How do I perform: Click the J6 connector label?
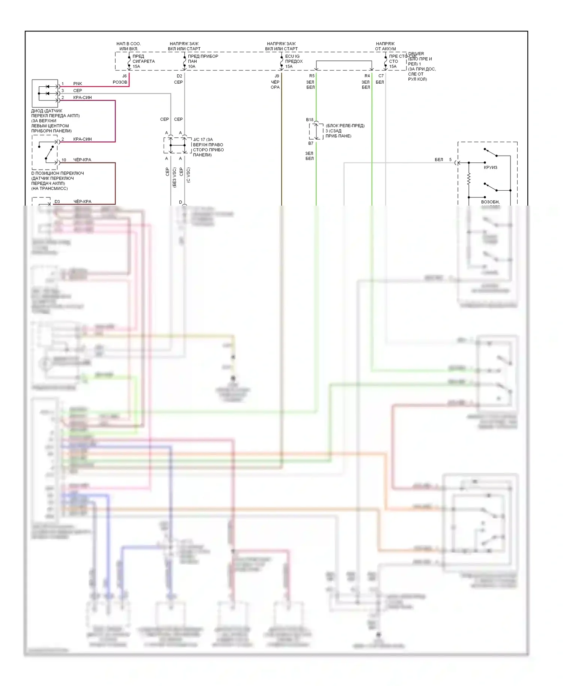coord(125,76)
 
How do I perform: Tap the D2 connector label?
coord(179,76)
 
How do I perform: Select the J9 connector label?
coord(277,76)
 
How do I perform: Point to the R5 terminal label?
coord(312,76)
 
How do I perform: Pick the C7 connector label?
coord(381,76)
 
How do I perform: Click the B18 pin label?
coord(309,120)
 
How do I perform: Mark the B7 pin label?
coord(311,143)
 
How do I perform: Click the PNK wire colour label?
coord(78,84)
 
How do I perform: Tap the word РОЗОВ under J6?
coord(120,82)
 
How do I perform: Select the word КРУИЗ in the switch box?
coord(490,167)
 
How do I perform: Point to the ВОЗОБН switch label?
coord(490,202)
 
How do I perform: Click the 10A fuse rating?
coord(191,66)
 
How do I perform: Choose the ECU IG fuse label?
coord(292,56)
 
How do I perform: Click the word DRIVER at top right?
coord(416,54)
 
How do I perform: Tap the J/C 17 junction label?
coord(199,140)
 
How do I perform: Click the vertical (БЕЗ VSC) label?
coord(175,178)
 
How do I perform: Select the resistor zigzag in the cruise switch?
coord(469,179)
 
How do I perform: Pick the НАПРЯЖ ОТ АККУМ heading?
coord(385,46)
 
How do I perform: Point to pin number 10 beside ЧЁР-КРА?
coord(64,160)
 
